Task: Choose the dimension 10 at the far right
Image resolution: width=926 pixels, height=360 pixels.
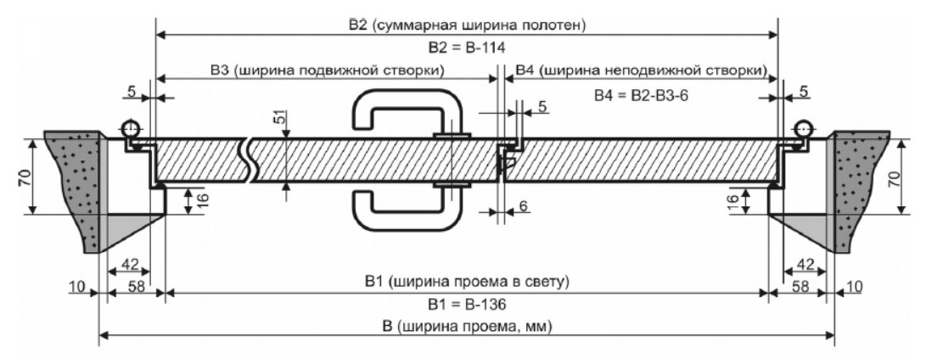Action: pos(853,288)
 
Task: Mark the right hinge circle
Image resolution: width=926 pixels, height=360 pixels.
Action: pos(801,128)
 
